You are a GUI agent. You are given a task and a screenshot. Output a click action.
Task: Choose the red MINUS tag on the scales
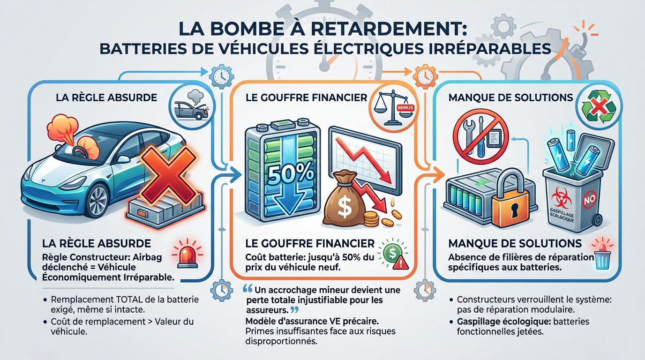[x=405, y=108]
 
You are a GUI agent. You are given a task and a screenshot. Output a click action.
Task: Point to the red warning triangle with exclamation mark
[x=402, y=263]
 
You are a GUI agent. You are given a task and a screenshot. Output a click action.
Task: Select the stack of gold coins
[x=371, y=219]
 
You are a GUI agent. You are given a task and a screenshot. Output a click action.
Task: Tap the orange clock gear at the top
[x=425, y=76]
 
